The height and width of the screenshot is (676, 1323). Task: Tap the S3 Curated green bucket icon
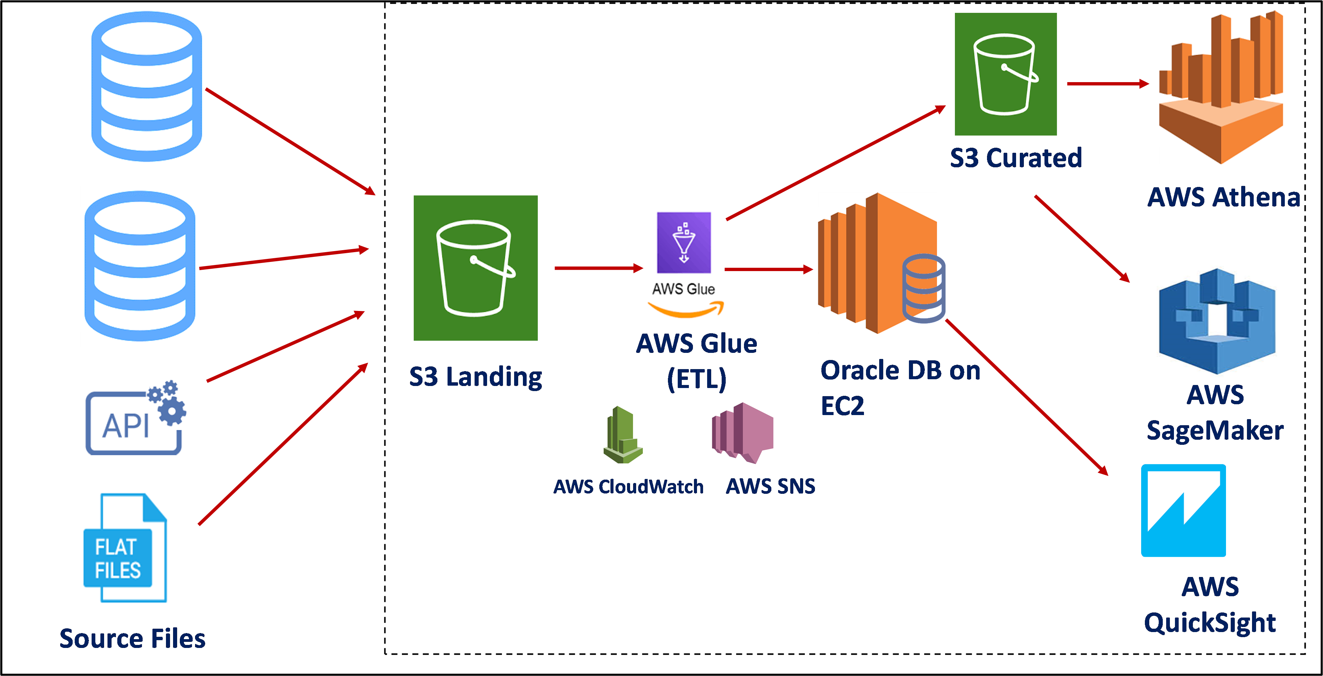(x=1005, y=74)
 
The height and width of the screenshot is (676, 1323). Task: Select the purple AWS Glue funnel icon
(x=683, y=242)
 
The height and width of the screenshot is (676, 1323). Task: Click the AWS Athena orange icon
(x=1220, y=87)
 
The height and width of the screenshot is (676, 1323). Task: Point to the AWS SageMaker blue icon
(x=1217, y=319)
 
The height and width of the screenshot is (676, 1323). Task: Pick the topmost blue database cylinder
(x=146, y=87)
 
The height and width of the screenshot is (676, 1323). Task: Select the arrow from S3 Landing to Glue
(x=598, y=268)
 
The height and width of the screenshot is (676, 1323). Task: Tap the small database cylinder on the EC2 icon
(x=923, y=289)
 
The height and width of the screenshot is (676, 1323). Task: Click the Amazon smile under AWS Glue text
(x=685, y=309)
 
